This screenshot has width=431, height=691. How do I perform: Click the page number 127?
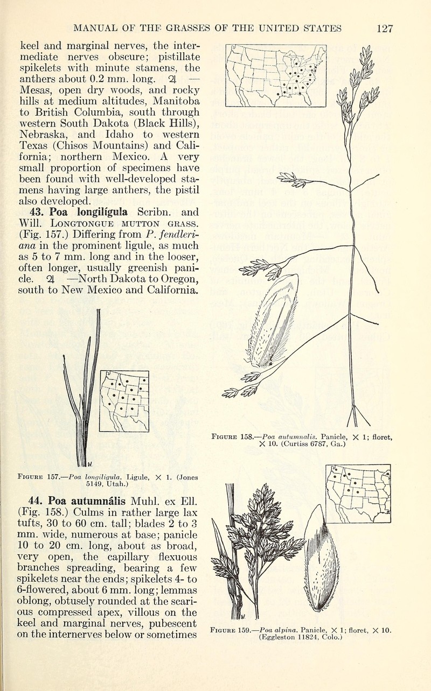pos(385,28)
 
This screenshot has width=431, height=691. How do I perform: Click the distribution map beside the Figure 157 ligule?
pos(124,401)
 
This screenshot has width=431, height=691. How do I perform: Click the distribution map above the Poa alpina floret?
pos(358,493)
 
